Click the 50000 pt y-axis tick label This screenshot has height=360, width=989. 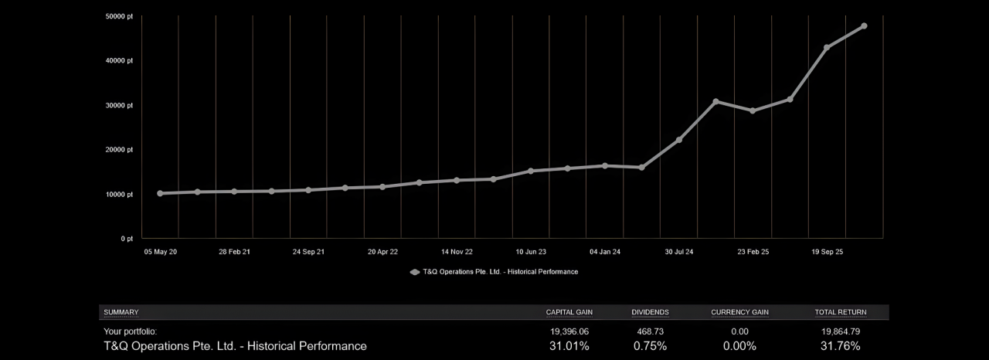(x=120, y=16)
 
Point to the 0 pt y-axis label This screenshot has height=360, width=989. (x=126, y=239)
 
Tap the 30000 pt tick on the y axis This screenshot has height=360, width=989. (x=120, y=105)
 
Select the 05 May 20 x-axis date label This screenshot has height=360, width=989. (x=160, y=252)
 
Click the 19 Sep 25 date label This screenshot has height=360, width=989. (x=827, y=252)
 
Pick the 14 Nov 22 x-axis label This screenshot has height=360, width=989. (x=457, y=252)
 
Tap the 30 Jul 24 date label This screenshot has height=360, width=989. (x=678, y=252)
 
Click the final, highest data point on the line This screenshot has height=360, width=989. (x=864, y=26)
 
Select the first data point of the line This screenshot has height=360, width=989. (x=160, y=193)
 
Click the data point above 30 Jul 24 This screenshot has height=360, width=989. (x=679, y=140)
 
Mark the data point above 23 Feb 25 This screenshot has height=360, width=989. (x=753, y=110)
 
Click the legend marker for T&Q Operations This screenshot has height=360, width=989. (x=415, y=272)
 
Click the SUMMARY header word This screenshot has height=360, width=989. (x=121, y=312)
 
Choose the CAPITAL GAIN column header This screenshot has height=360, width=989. (x=569, y=312)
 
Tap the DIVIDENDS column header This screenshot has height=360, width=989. (x=650, y=312)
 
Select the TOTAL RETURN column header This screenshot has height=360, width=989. (x=841, y=312)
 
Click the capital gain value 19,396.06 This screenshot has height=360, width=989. (x=569, y=331)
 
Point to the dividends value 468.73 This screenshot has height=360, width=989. (x=650, y=331)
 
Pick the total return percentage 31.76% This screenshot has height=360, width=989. (x=841, y=346)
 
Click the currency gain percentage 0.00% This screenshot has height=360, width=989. (x=739, y=346)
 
